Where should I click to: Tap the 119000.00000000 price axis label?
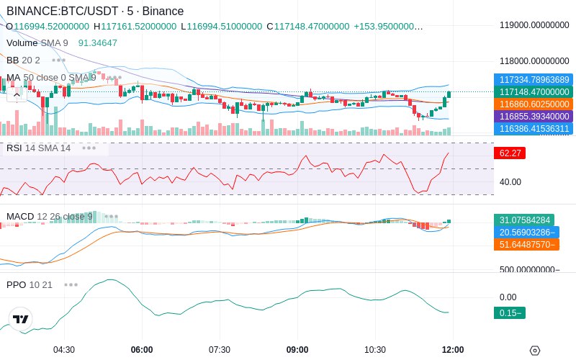click(x=534, y=25)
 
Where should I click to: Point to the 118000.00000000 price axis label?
click(x=534, y=61)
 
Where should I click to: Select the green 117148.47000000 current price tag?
click(x=534, y=92)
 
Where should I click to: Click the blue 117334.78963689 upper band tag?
click(x=534, y=80)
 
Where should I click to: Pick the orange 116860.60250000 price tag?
click(x=534, y=104)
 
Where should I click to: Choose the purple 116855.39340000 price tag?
click(x=534, y=117)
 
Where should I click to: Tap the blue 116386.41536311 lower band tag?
click(x=534, y=129)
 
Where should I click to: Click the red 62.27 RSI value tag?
click(x=510, y=153)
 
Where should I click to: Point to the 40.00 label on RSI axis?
click(x=510, y=182)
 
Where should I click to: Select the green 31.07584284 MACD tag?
click(x=524, y=220)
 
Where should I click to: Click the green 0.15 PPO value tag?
click(x=510, y=313)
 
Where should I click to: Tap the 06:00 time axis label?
click(x=142, y=350)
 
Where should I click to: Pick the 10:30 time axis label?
click(x=375, y=350)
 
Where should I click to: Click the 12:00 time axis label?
click(x=453, y=350)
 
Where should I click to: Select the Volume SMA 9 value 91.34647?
click(x=98, y=43)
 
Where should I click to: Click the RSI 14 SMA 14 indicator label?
click(x=39, y=148)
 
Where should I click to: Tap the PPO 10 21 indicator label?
click(x=30, y=284)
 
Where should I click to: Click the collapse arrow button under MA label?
click(x=17, y=96)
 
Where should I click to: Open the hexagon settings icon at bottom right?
click(x=535, y=351)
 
